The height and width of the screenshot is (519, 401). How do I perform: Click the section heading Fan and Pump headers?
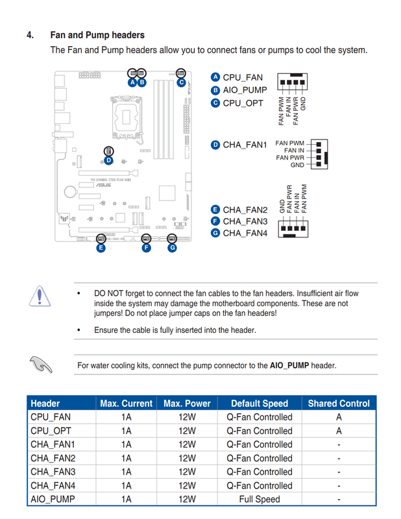(x=97, y=35)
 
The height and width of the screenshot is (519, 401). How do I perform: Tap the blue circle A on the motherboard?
(x=132, y=82)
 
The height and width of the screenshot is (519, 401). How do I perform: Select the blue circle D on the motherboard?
(x=108, y=160)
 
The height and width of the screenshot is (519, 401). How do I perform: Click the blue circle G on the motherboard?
(x=172, y=247)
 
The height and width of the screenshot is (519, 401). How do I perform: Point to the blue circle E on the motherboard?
(x=101, y=247)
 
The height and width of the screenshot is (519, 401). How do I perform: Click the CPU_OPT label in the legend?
(x=243, y=103)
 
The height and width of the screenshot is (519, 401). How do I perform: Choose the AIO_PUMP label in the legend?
(x=245, y=90)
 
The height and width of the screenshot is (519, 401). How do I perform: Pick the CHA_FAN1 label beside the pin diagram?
(x=245, y=145)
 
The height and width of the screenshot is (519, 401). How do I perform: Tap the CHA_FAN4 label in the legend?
(x=245, y=232)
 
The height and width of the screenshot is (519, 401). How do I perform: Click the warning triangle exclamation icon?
(x=40, y=296)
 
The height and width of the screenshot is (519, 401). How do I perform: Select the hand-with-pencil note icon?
(x=40, y=364)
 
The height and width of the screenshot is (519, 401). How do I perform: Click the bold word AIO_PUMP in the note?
(x=289, y=365)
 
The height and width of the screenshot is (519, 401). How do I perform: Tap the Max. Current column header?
(x=126, y=404)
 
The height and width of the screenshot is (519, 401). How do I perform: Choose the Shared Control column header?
(x=339, y=404)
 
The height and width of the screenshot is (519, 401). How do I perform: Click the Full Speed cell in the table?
(x=260, y=499)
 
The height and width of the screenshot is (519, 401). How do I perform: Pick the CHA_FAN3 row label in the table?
(x=53, y=472)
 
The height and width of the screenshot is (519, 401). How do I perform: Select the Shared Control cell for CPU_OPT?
(x=339, y=431)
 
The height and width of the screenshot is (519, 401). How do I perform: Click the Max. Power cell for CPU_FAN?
(x=187, y=417)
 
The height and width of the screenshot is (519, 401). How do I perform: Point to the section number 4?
(x=30, y=35)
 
